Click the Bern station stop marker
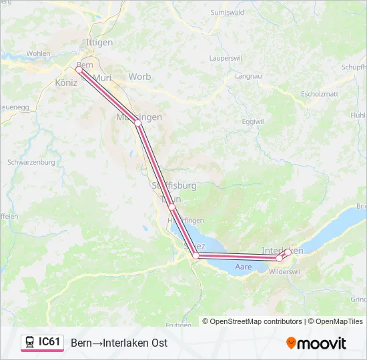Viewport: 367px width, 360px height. pyautogui.click(x=79, y=69)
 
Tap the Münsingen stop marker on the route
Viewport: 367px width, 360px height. pyautogui.click(x=137, y=123)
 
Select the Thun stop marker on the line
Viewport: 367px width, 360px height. pyautogui.click(x=171, y=207)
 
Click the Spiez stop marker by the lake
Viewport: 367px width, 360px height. pyautogui.click(x=196, y=255)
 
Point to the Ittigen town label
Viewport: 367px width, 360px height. pyautogui.click(x=99, y=43)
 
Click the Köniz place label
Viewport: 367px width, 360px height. pyautogui.click(x=67, y=83)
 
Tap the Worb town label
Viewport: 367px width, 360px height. pyautogui.click(x=139, y=77)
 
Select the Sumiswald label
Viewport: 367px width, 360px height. pyautogui.click(x=225, y=13)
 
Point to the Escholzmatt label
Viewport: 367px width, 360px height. pyautogui.click(x=321, y=94)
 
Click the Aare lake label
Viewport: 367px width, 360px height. pyautogui.click(x=243, y=267)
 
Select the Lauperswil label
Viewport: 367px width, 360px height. pyautogui.click(x=225, y=59)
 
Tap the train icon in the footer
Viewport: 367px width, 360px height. pyautogui.click(x=30, y=343)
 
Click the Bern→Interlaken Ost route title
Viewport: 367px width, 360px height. pyautogui.click(x=119, y=343)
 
